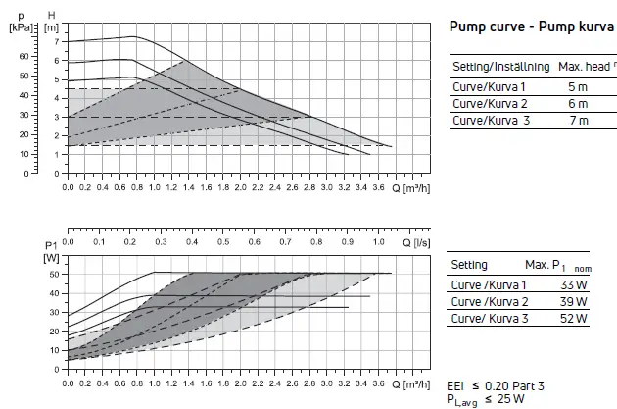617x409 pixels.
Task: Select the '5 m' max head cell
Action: tap(577, 87)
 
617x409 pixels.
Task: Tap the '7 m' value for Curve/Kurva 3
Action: tap(577, 121)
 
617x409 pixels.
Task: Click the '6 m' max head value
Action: tap(577, 104)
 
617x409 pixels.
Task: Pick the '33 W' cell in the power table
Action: tap(573, 285)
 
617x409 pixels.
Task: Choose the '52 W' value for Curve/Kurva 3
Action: tap(573, 319)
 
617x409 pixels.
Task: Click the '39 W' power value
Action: tap(573, 302)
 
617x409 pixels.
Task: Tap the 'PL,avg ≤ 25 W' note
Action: tap(488, 400)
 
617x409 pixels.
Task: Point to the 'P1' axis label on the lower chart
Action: tap(51, 245)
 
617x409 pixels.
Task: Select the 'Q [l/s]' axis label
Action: tap(415, 239)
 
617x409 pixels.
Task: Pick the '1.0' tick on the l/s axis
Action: tap(379, 240)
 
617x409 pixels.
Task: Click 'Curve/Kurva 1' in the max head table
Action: tap(489, 87)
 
